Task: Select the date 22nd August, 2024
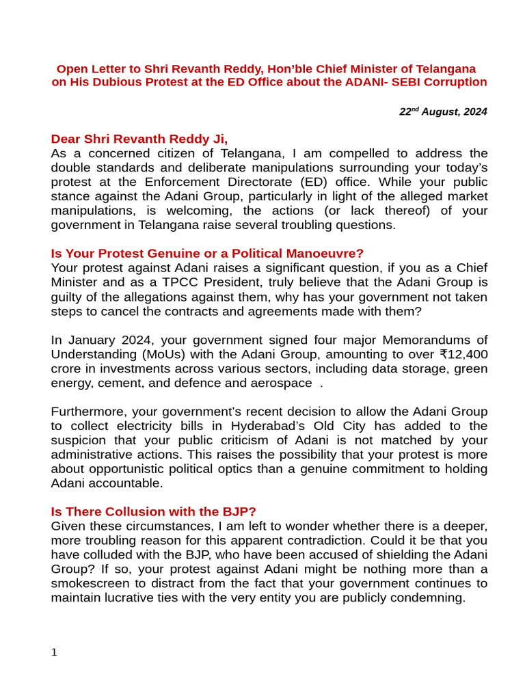click(x=443, y=111)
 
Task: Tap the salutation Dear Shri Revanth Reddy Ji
click(x=139, y=139)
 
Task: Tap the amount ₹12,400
click(x=462, y=354)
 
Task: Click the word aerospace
click(x=281, y=383)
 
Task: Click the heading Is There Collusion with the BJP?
click(x=154, y=511)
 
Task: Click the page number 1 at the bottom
click(x=54, y=653)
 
